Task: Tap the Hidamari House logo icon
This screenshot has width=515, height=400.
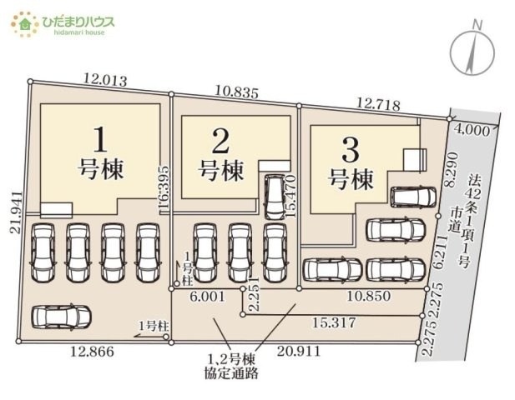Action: coord(26,22)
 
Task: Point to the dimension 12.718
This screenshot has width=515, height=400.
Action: coord(377,104)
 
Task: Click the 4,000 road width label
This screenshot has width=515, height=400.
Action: coord(473,129)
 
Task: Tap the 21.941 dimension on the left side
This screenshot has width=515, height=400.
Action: coord(15,215)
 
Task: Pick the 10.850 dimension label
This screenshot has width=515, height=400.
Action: coord(365,296)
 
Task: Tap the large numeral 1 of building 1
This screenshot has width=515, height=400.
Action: coord(100,135)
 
